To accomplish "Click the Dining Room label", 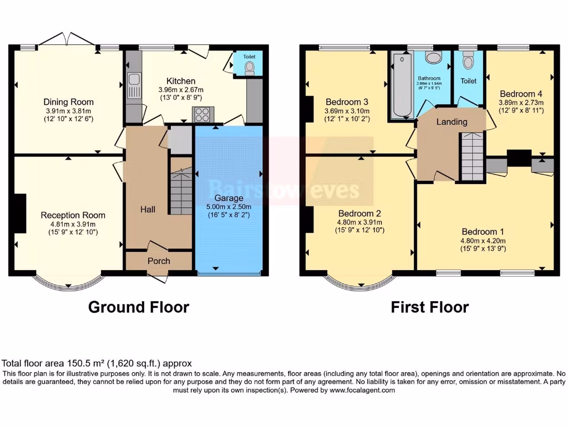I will [69, 102].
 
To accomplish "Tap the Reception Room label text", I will [73, 215].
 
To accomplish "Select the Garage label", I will [229, 198].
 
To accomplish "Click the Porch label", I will [159, 261].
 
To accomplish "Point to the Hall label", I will [148, 210].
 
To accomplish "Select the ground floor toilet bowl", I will [249, 68].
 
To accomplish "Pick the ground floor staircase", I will [181, 186].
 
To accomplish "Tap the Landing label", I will [452, 122].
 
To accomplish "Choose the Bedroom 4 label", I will [517, 94].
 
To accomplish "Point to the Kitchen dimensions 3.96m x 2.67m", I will [180, 90].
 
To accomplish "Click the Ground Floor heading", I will [138, 307].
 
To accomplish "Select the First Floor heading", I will [429, 307].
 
